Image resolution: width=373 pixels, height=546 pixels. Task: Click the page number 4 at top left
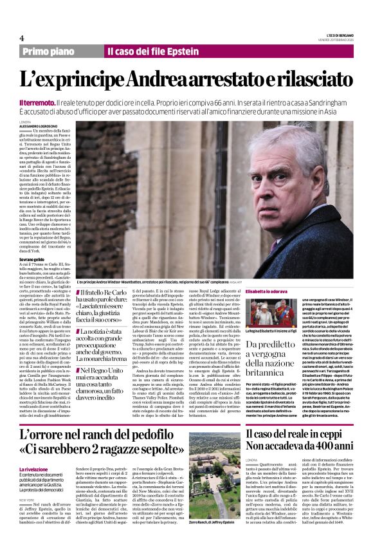click(x=22, y=39)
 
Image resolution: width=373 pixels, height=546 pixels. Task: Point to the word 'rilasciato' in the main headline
click(x=302, y=80)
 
